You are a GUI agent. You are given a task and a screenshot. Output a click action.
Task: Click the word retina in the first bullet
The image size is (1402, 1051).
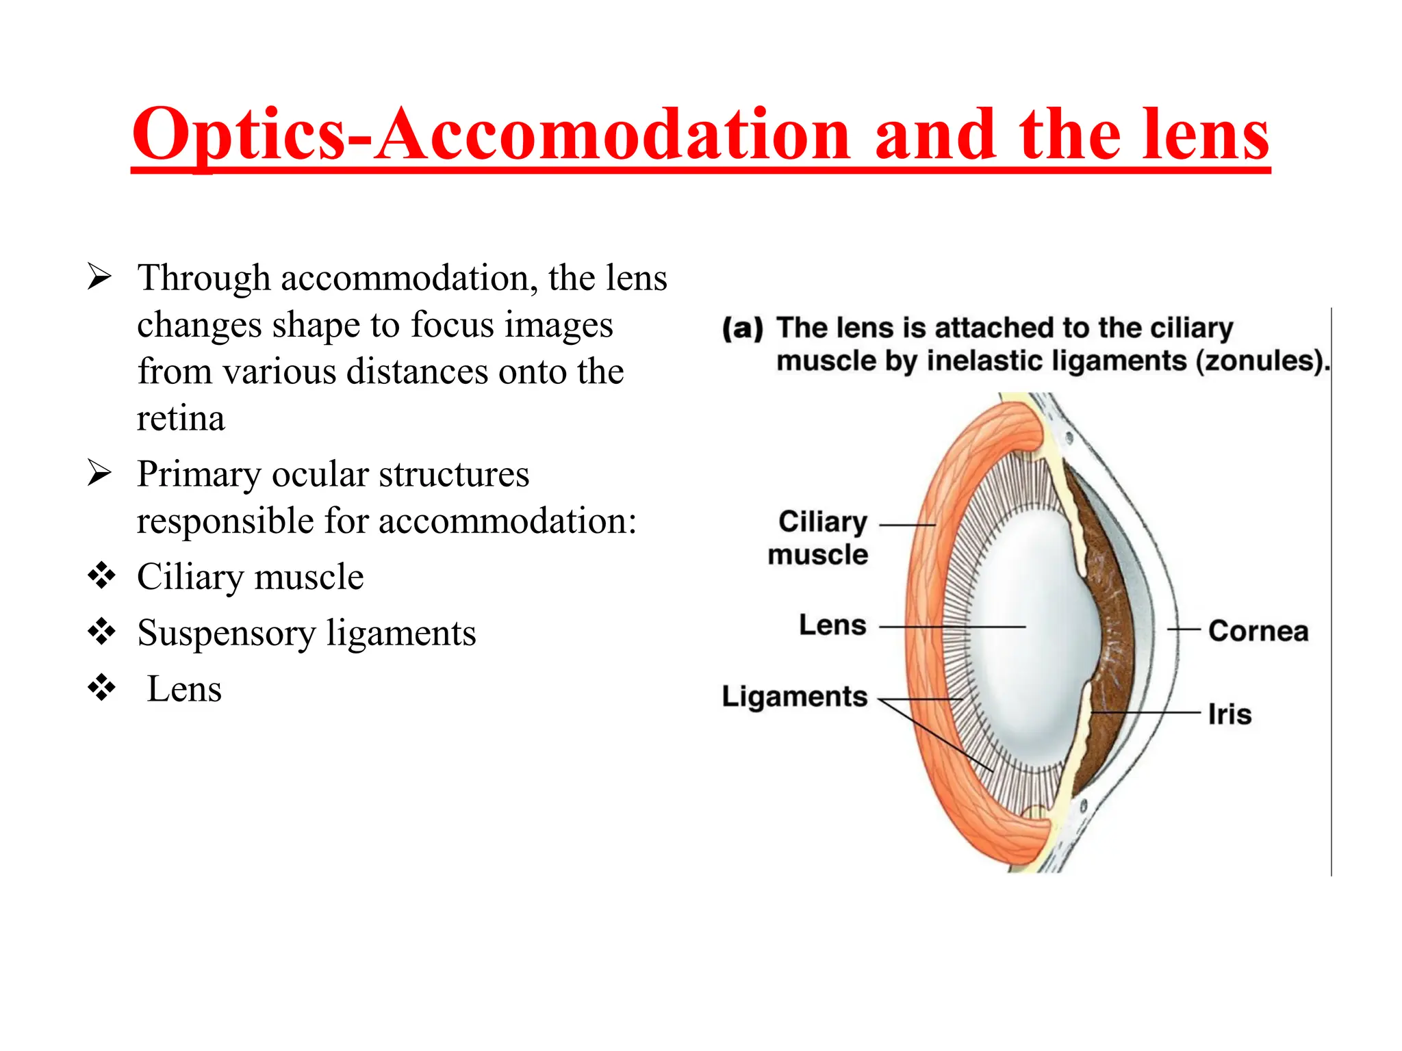pyautogui.click(x=181, y=418)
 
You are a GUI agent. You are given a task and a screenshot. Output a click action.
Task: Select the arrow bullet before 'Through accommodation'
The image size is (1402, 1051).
pyautogui.click(x=100, y=277)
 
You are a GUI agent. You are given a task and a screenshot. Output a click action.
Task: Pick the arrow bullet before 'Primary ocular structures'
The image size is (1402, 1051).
pyautogui.click(x=100, y=473)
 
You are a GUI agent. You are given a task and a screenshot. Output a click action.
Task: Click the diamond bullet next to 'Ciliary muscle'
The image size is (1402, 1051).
pyautogui.click(x=101, y=575)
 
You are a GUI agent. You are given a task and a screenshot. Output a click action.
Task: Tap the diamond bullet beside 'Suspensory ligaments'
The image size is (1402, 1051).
pyautogui.click(x=101, y=632)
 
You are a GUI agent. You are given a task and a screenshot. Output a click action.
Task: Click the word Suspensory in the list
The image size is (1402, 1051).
pyautogui.click(x=226, y=633)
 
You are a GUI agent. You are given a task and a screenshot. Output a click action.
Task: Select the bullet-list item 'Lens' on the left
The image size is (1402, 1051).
pyautogui.click(x=184, y=688)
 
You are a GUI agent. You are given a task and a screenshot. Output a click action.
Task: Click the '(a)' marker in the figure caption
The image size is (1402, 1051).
pyautogui.click(x=743, y=328)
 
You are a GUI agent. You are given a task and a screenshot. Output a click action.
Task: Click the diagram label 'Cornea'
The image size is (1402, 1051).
pyautogui.click(x=1258, y=631)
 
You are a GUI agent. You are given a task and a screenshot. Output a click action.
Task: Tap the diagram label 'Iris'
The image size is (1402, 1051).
pyautogui.click(x=1229, y=714)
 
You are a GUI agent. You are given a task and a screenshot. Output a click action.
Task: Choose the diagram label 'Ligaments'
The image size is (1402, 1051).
pyautogui.click(x=795, y=697)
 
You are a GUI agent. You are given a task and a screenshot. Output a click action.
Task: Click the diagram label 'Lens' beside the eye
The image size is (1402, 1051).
pyautogui.click(x=832, y=625)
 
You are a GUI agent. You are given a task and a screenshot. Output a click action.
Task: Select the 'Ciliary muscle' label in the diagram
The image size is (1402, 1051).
pyautogui.click(x=819, y=538)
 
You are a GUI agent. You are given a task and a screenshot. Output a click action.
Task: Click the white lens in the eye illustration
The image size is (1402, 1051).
pyautogui.click(x=1027, y=636)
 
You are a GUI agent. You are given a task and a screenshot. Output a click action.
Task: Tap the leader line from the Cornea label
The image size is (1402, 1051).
pyautogui.click(x=1184, y=629)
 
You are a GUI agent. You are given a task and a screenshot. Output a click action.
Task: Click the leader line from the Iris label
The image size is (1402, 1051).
pyautogui.click(x=1150, y=713)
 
